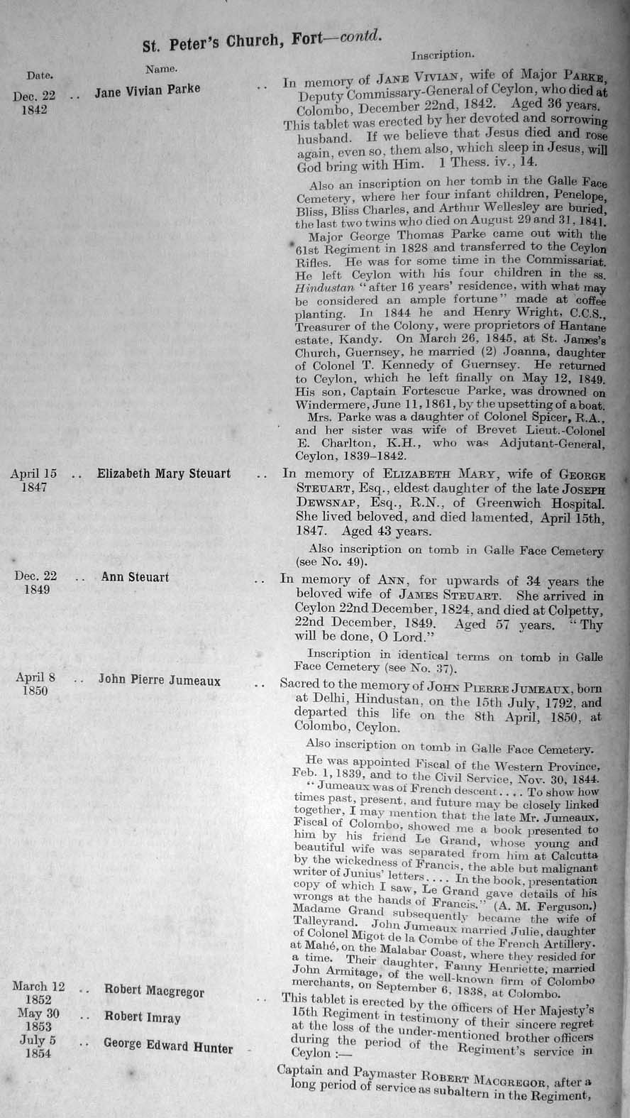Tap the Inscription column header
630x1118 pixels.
pos(443,53)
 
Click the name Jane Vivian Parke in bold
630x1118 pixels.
pos(148,90)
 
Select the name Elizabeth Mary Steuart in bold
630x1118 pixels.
pos(164,473)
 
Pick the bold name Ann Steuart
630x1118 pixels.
pos(135,576)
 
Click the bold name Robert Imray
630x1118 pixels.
pos(143,1016)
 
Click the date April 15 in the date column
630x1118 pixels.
pos(33,473)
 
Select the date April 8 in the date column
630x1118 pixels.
pos(35,677)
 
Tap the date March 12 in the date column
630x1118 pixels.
pos(39,987)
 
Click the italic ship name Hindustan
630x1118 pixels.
pos(319,287)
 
